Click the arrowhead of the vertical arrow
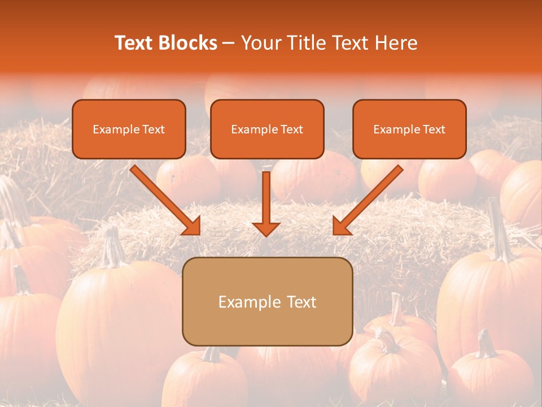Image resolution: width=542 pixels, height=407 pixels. [x=266, y=228]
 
